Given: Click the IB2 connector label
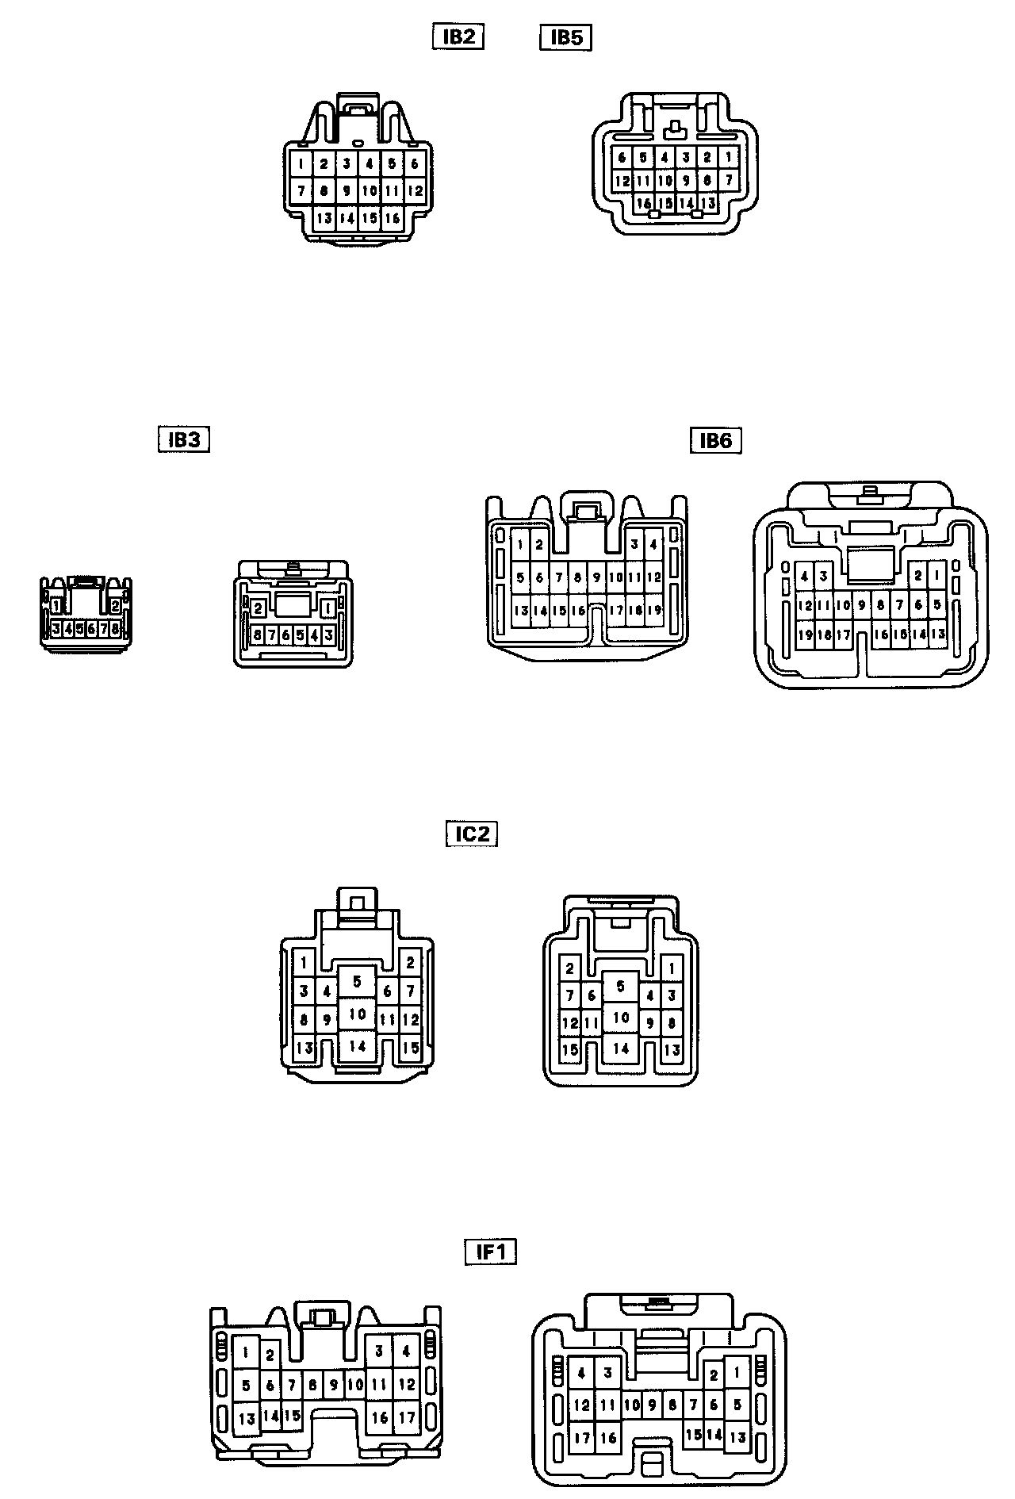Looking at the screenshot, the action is pos(458,37).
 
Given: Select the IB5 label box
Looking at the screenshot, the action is pos(566,38).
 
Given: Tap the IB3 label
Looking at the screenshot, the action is pos(184,439).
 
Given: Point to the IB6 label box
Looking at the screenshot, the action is pos(715,440).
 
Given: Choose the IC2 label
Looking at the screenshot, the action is pos(472,834).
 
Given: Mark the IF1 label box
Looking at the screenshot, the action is pos(490,1252).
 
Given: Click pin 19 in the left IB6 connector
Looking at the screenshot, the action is pos(654,610).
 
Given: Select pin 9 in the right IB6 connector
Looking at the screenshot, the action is pos(861,606).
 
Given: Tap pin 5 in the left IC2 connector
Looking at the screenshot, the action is pos(358,982).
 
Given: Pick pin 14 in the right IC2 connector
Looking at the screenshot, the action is pos(621,1049).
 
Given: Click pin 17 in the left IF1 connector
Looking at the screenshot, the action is pos(406,1417).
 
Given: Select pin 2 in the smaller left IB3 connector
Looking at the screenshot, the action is pos(116,606).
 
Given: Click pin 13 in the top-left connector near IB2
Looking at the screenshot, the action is pos(324,218).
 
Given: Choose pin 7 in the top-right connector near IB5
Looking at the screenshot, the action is pos(729,181).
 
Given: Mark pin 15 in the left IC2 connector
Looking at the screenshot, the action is pos(410,1048).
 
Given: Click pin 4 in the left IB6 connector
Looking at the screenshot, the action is pos(653,545).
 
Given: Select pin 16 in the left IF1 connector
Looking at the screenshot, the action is pos(380,1417).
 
